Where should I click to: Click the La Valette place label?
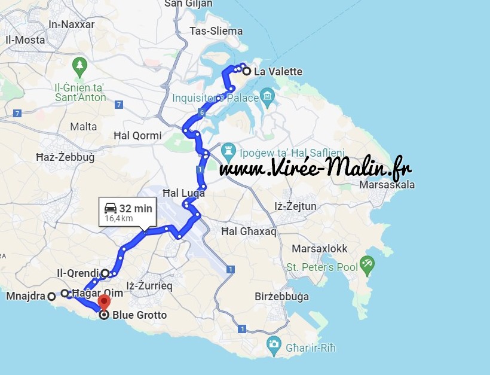(278, 72)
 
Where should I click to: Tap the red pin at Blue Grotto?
(105, 300)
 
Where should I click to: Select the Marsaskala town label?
(387, 185)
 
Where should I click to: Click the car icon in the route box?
(111, 208)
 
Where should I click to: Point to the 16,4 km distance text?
(118, 219)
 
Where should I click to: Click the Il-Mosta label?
(25, 40)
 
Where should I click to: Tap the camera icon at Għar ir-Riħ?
(274, 343)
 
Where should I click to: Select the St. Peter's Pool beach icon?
(367, 264)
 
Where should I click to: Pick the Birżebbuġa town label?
(282, 297)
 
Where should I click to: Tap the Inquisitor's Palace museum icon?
(267, 96)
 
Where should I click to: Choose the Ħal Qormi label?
(137, 136)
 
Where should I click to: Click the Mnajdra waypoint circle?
(51, 295)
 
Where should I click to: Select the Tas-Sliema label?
(216, 31)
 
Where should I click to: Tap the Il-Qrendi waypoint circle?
(105, 273)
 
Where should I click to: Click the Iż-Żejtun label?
(295, 207)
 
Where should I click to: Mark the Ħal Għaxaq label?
(249, 231)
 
